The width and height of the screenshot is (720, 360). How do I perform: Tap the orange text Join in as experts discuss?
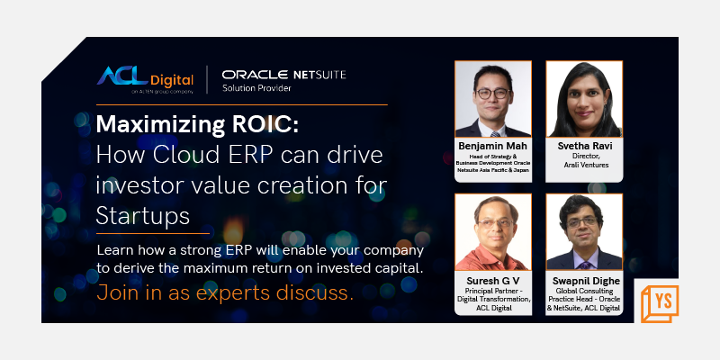click(x=225, y=292)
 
